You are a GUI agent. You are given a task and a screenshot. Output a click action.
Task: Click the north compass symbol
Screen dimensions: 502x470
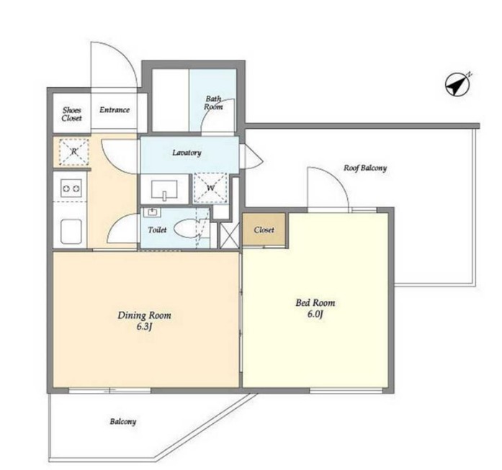(x=458, y=85)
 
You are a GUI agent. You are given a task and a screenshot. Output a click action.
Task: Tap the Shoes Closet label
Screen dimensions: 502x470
(x=72, y=114)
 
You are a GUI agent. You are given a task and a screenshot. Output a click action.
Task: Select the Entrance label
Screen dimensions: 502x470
(x=115, y=110)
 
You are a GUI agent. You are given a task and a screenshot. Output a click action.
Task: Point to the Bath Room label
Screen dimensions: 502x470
(x=213, y=103)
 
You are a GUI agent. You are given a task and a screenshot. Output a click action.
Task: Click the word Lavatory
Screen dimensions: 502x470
(x=187, y=153)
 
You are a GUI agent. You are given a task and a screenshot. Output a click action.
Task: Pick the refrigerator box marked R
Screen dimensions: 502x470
(x=74, y=152)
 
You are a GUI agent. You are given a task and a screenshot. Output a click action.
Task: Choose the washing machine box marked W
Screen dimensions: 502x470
(x=210, y=188)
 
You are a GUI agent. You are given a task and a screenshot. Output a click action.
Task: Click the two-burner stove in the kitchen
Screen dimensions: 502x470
(x=71, y=189)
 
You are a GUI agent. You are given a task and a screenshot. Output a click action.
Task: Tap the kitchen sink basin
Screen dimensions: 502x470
(x=71, y=231)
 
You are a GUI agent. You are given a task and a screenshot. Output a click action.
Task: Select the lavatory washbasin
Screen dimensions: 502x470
(x=164, y=190)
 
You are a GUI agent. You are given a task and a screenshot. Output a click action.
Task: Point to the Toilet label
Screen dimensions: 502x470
(x=157, y=230)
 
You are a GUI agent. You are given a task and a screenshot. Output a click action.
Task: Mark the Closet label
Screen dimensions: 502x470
(x=264, y=230)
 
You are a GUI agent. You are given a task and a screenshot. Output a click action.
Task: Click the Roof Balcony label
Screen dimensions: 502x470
(x=365, y=168)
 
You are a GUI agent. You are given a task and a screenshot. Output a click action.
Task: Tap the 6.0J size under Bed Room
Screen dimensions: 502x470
(x=315, y=315)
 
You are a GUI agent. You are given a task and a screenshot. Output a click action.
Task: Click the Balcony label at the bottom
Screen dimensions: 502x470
(x=123, y=422)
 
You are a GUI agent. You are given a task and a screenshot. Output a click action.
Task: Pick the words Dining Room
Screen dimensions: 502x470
(x=144, y=315)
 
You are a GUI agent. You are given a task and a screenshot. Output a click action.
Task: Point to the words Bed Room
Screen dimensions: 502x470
(x=315, y=303)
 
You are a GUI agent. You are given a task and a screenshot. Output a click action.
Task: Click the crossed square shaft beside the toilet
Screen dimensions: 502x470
(x=229, y=235)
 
